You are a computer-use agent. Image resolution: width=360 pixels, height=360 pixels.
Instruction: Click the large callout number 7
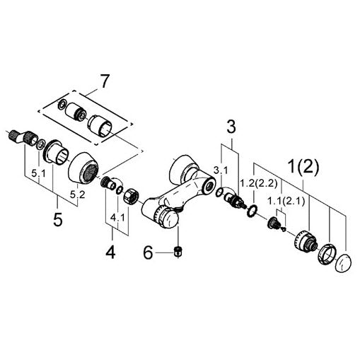pos(105,81)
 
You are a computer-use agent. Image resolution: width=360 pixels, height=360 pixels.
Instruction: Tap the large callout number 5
pos(58,219)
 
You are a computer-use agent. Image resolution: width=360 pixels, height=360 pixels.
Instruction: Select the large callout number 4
pos(110,252)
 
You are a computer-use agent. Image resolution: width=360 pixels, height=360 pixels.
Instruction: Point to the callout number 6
pos(149,252)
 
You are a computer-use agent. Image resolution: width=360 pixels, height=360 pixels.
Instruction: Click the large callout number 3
pos(231,127)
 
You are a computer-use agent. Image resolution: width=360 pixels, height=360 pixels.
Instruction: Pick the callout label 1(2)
pos(303,166)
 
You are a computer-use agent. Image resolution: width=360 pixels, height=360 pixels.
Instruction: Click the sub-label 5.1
pos(38,174)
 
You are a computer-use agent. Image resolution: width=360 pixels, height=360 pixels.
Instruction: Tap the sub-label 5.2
pos(78,194)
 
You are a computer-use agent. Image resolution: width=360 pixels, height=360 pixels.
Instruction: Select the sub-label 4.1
pos(117,218)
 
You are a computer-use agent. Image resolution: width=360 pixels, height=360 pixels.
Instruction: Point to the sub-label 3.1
pos(221,170)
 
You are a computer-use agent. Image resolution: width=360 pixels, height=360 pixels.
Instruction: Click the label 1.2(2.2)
pos(259,183)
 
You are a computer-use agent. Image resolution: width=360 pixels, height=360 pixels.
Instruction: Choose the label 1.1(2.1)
pos(286,202)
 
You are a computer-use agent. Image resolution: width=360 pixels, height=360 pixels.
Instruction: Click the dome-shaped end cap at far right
pos(343,263)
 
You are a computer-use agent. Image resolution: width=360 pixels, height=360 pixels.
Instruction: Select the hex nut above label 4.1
pos(131,195)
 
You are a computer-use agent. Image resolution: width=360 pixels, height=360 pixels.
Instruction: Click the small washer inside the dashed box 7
pos(62,104)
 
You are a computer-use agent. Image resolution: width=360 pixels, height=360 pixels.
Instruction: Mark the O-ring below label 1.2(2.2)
pos(252,210)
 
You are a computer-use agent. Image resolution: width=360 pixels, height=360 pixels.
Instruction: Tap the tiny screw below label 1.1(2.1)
pos(284,228)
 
